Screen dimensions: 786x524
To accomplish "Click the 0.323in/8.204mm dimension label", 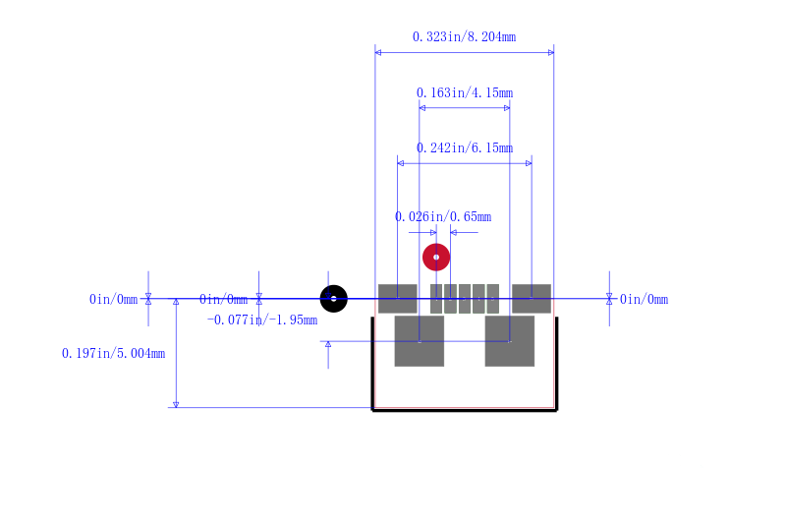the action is [x=464, y=36].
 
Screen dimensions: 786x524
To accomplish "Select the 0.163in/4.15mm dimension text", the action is [x=464, y=92].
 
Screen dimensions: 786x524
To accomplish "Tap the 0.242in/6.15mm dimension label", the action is [x=464, y=147].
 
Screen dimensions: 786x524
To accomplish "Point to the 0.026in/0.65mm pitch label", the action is [x=443, y=216].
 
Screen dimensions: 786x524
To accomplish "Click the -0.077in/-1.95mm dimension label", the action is [x=262, y=320].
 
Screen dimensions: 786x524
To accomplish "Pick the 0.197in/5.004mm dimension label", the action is [x=113, y=354].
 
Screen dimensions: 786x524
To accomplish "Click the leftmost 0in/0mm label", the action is [x=113, y=299].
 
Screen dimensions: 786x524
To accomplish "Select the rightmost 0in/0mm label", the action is [x=645, y=299].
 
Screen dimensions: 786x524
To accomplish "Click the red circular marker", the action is [x=436, y=258].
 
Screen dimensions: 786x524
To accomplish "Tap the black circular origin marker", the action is [x=334, y=299].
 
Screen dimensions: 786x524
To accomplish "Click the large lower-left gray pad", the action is [x=420, y=341].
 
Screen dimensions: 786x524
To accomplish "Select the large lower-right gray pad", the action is [x=509, y=341].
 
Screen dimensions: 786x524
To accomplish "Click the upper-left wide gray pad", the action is [x=398, y=299].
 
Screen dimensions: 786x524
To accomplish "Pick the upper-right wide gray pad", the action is [x=532, y=299].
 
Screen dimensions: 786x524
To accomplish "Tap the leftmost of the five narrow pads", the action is [x=436, y=299].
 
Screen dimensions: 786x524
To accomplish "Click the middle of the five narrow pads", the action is [x=464, y=299].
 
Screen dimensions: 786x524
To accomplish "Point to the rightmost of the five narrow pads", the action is [x=493, y=299].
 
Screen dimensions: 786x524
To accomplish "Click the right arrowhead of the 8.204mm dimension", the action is [x=551, y=53].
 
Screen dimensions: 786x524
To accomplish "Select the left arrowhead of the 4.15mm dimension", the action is [x=422, y=108].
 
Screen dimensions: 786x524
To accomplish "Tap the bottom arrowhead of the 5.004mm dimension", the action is [x=176, y=404].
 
